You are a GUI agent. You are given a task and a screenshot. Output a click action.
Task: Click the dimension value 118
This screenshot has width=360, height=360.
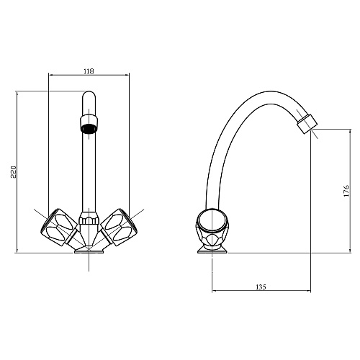pos(89,71)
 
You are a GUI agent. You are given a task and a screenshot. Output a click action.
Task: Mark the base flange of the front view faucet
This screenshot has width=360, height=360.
pos(87,250)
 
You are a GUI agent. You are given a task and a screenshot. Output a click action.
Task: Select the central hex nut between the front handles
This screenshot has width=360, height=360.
pos(87,219)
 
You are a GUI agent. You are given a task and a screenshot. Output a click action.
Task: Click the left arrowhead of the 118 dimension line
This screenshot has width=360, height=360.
pos(50,76)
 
